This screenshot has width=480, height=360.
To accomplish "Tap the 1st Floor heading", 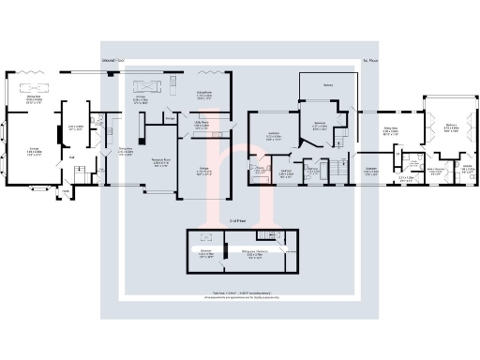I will pyautogui.click(x=369, y=63).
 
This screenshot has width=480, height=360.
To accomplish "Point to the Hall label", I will pyautogui.click(x=71, y=157).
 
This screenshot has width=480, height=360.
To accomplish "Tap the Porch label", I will pyautogui.click(x=66, y=192).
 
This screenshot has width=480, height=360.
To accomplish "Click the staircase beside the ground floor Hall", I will pyautogui.click(x=82, y=169).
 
